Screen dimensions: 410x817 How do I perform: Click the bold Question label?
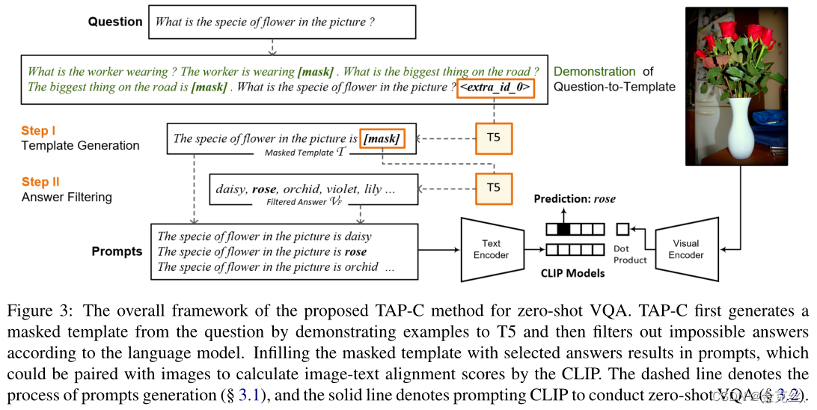point(114,22)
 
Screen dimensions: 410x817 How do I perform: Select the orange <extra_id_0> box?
point(495,88)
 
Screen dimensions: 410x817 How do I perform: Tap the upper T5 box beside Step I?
point(494,138)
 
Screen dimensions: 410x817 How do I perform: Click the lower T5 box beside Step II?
point(494,188)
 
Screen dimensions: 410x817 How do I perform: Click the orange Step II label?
point(40,183)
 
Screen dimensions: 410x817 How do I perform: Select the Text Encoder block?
point(491,248)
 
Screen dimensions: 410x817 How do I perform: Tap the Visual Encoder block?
point(685,248)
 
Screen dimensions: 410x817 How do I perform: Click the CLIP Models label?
point(572,273)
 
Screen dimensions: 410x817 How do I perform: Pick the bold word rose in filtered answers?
point(266,189)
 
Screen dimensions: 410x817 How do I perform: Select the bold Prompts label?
point(117,251)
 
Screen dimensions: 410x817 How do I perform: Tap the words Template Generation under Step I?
point(80,145)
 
